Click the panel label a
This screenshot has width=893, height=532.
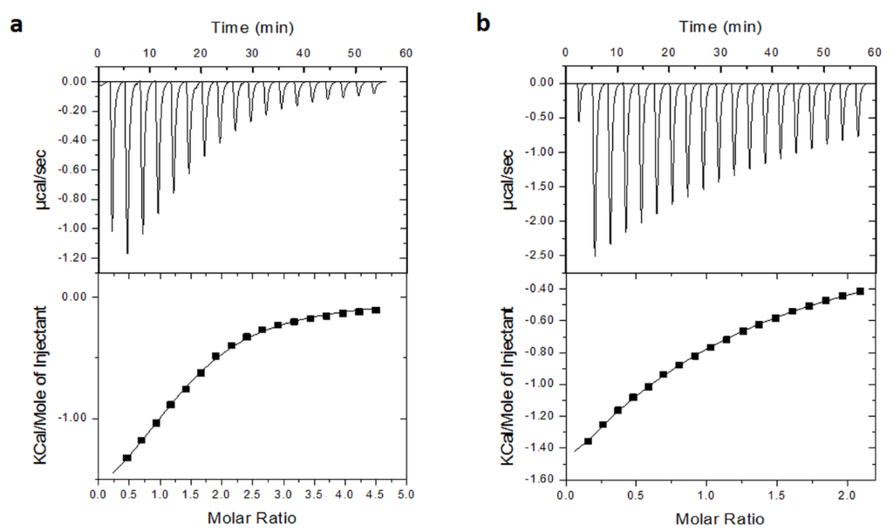click(x=15, y=24)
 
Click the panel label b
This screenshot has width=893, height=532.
click(x=484, y=24)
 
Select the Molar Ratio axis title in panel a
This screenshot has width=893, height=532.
click(x=251, y=518)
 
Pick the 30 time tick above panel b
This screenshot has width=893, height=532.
click(x=719, y=53)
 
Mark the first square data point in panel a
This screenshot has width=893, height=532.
click(x=127, y=458)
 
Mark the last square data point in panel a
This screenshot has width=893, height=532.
click(x=376, y=310)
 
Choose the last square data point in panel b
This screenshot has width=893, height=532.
click(x=860, y=291)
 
